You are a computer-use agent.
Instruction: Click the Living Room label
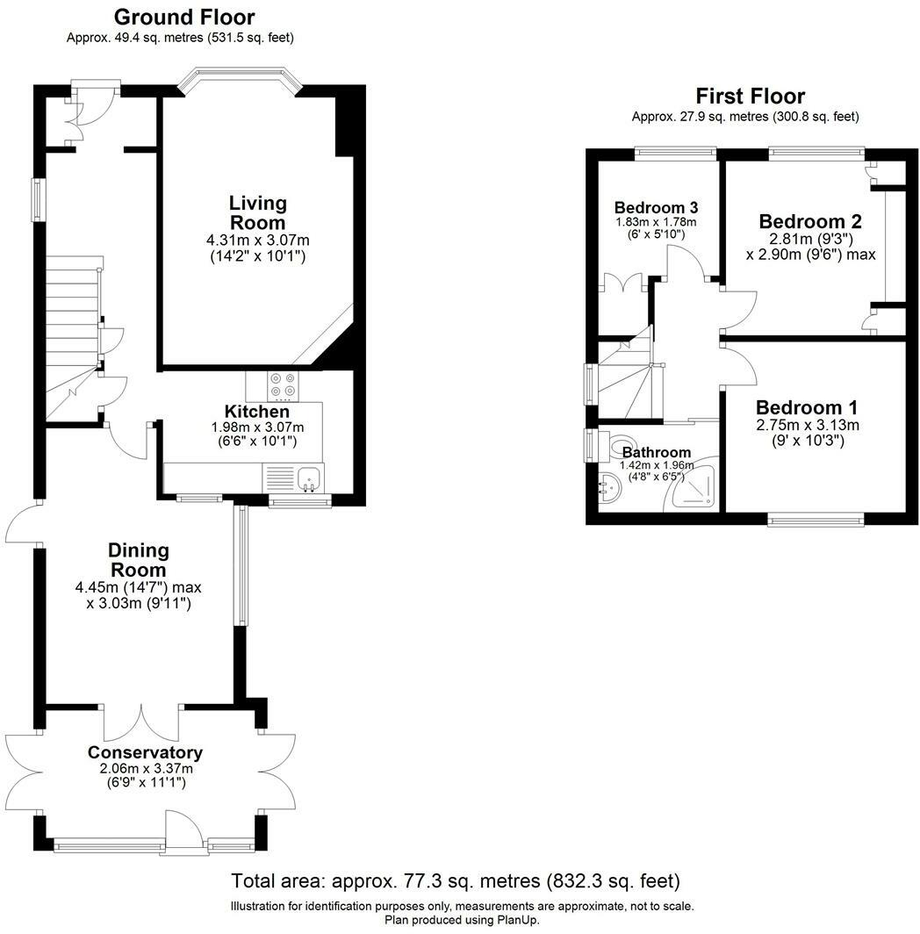tap(258, 212)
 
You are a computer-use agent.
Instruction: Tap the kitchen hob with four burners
tap(283, 385)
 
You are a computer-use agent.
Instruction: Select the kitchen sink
tap(310, 478)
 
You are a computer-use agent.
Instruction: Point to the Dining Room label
tap(138, 560)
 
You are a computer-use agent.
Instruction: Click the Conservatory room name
tap(146, 752)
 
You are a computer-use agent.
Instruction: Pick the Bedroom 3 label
tap(656, 207)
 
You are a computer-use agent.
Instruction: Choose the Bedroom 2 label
tap(810, 221)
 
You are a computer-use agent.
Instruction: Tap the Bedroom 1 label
tap(807, 407)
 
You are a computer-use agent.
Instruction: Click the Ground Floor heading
tap(184, 17)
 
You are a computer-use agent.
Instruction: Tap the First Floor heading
tap(751, 96)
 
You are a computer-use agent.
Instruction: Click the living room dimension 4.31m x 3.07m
tap(258, 241)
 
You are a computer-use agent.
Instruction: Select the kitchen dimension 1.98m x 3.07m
tap(257, 427)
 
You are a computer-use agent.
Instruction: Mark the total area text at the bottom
tap(456, 880)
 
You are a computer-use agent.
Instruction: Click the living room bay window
tap(241, 80)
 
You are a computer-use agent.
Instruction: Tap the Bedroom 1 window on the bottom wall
tap(816, 521)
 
